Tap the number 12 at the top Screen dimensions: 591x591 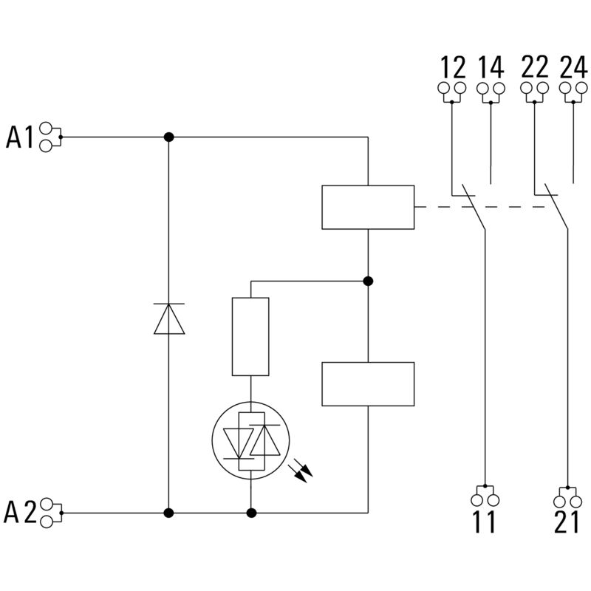[453, 68]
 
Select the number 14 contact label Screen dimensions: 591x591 [491, 68]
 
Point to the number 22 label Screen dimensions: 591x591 [534, 68]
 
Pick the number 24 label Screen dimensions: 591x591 [573, 68]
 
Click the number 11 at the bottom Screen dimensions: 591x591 [485, 522]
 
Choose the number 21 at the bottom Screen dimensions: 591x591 [567, 522]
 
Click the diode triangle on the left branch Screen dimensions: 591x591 [168, 319]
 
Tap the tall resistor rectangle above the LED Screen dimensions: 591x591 [250, 337]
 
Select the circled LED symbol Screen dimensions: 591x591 [250, 441]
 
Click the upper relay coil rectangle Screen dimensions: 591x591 [368, 208]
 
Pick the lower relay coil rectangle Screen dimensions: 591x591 [368, 383]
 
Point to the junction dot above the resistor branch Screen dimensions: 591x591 [368, 281]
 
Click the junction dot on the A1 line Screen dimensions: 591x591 [168, 137]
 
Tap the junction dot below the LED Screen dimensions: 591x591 [251, 512]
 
